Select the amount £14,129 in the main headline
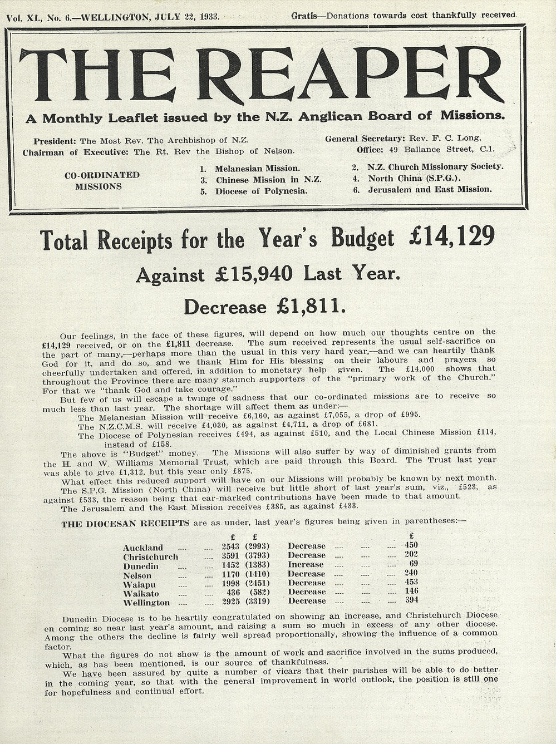click(451, 238)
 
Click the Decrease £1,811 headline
click(265, 306)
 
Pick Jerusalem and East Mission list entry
click(430, 189)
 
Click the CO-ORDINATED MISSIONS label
click(102, 181)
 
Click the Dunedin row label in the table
click(141, 565)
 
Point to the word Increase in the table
click(306, 564)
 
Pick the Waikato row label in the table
click(141, 593)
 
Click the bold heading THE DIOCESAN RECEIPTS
click(125, 523)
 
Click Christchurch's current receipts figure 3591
click(230, 555)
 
